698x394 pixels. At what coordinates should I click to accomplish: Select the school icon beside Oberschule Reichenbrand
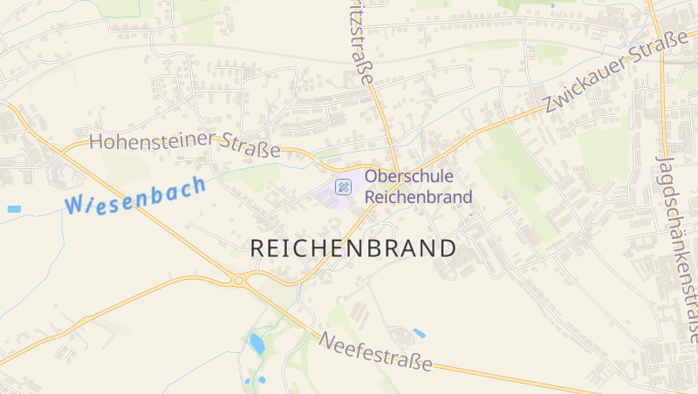click(x=344, y=186)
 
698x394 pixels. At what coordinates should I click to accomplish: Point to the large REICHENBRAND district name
click(x=352, y=248)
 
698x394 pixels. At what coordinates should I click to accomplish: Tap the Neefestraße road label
click(x=376, y=351)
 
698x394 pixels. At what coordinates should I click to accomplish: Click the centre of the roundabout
click(x=238, y=280)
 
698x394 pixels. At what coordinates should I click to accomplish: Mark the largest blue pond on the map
click(x=257, y=343)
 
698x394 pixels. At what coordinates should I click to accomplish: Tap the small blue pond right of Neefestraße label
click(x=420, y=333)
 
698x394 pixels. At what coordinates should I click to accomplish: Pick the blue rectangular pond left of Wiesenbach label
click(x=14, y=209)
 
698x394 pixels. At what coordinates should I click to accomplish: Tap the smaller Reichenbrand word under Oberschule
click(x=418, y=197)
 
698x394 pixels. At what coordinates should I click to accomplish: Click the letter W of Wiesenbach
click(x=74, y=206)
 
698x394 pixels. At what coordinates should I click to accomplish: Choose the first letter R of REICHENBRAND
click(x=258, y=248)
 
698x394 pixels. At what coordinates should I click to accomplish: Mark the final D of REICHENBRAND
click(x=447, y=248)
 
